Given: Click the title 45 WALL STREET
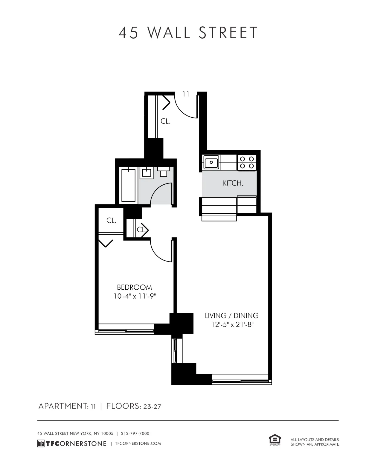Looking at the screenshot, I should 188,33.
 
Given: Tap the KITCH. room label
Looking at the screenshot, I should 233,183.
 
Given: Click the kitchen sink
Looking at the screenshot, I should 211,162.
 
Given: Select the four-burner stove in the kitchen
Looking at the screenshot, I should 247,162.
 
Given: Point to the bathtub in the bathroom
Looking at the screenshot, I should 129,185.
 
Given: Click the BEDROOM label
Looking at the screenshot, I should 134,287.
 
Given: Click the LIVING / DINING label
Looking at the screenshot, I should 232,315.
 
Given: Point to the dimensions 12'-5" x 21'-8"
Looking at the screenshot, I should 232,324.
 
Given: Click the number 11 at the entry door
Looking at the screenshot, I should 186,94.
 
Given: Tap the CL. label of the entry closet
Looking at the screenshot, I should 165,121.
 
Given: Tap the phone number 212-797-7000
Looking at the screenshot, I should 135,433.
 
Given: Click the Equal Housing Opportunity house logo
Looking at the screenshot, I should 275,440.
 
